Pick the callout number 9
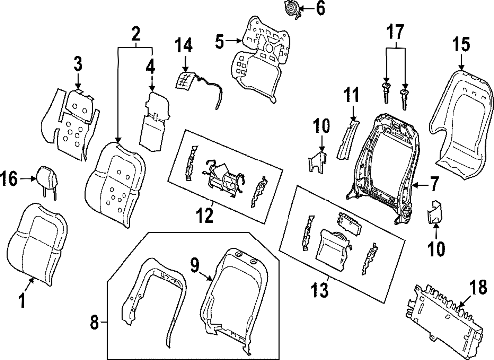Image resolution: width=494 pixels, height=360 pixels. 196,266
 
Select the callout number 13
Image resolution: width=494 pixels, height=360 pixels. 320,289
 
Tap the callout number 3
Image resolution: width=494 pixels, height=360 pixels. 78,64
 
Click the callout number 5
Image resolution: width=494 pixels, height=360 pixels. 220,41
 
